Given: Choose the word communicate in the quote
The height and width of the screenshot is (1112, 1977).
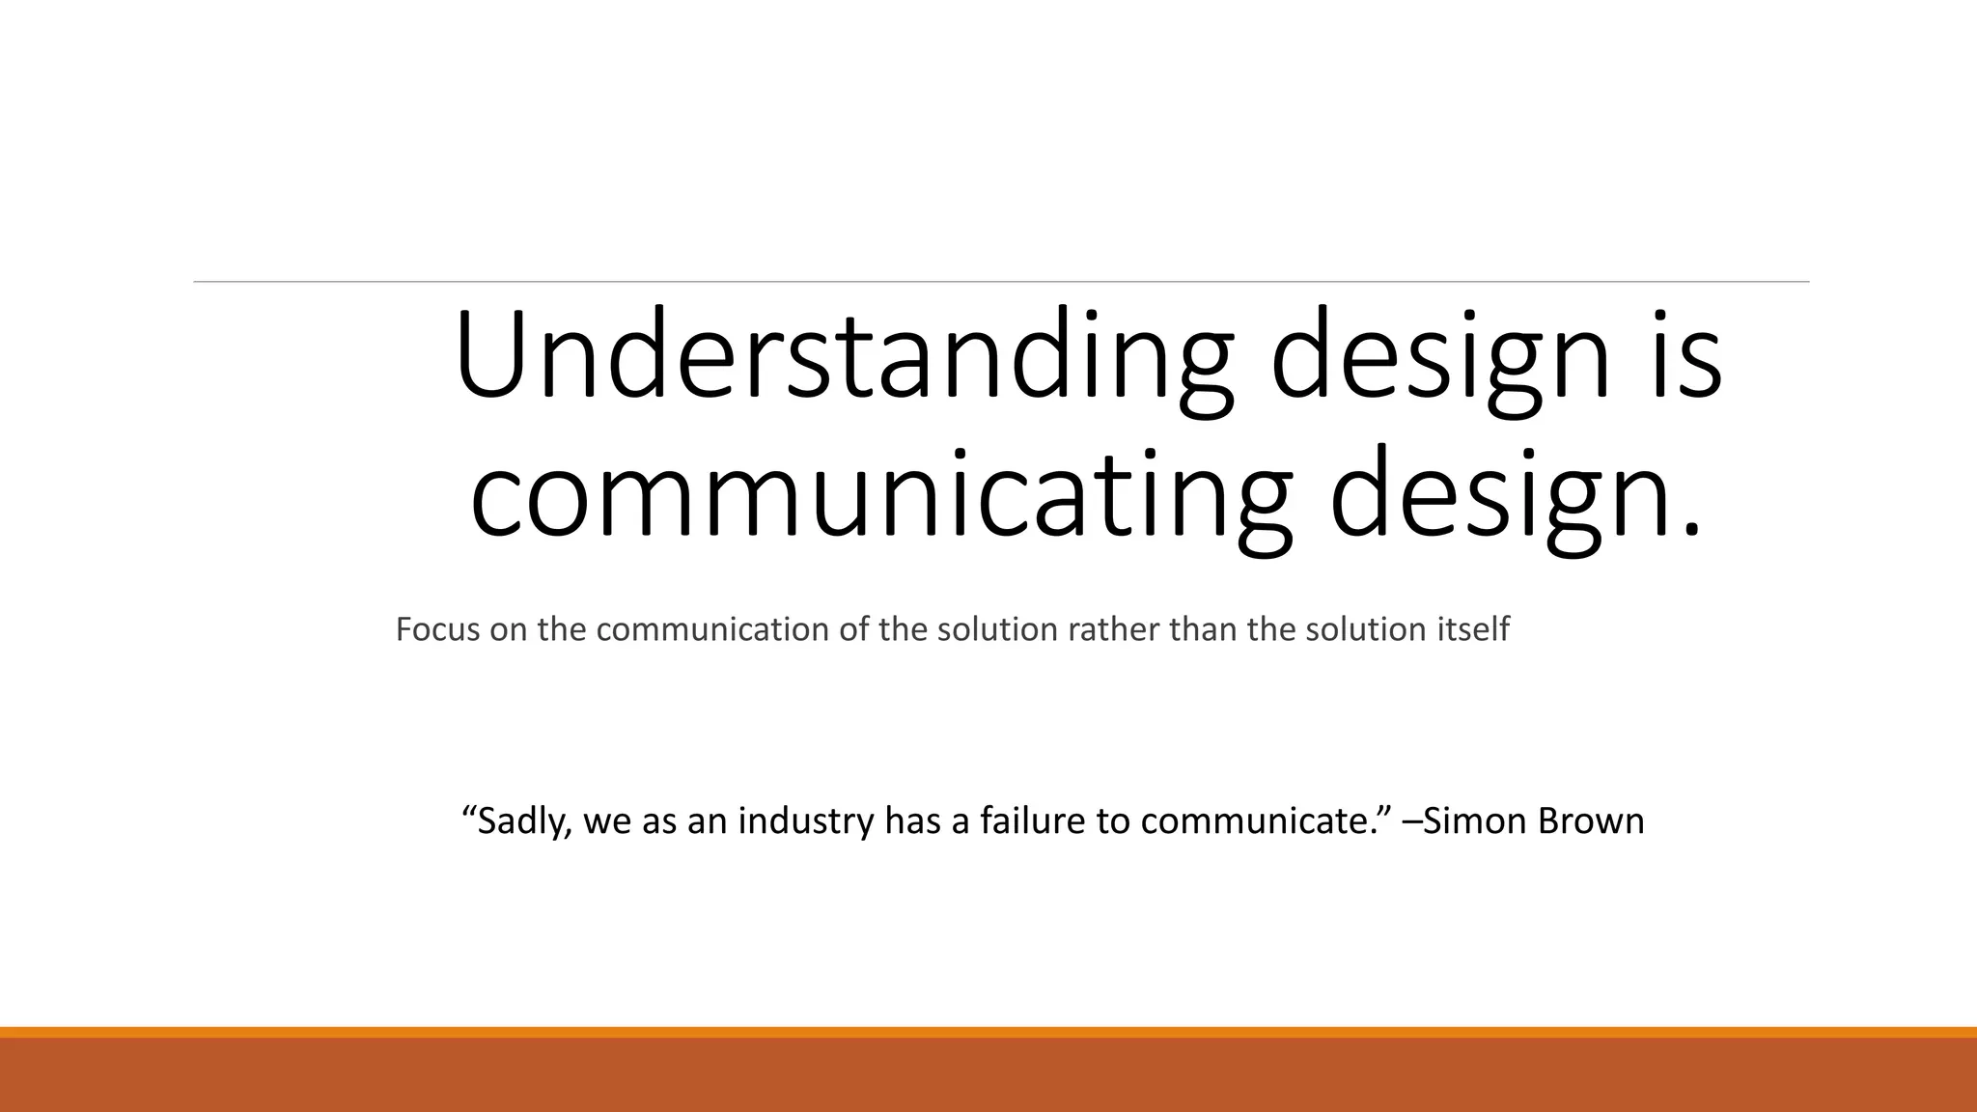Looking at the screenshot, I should pyautogui.click(x=1261, y=820).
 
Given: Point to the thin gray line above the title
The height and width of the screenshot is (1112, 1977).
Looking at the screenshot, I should pyautogui.click(x=1001, y=282).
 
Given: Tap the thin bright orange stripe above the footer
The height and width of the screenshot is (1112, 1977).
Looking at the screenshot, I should pyautogui.click(x=988, y=1032).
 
